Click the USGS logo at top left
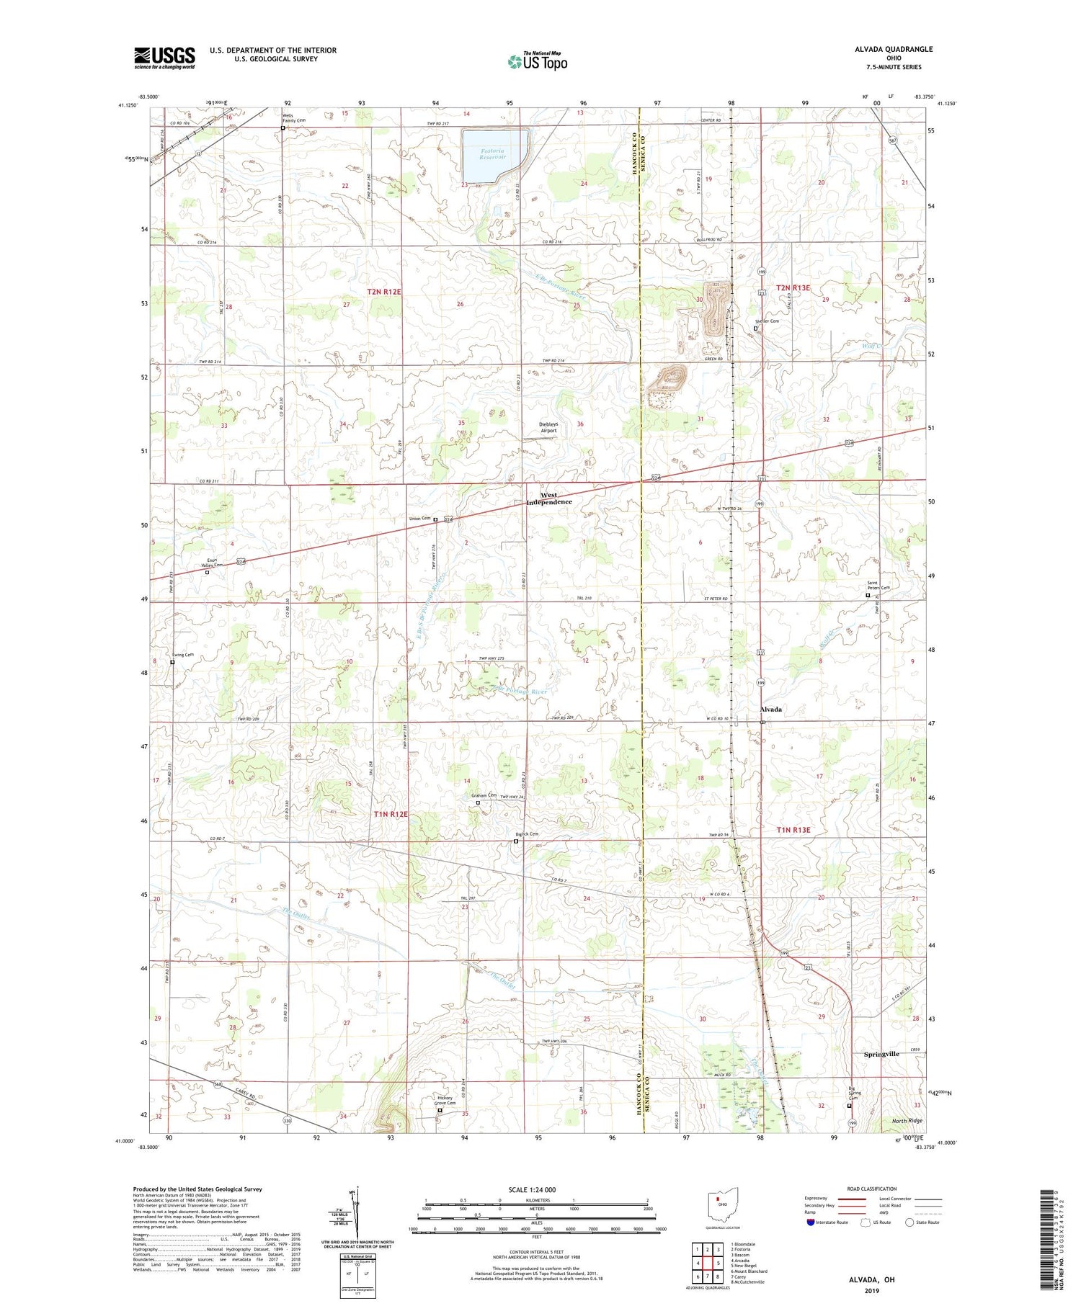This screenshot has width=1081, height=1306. [164, 58]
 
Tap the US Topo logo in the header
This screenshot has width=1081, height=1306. [537, 62]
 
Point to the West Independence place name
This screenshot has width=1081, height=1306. [549, 498]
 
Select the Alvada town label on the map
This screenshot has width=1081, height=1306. [770, 710]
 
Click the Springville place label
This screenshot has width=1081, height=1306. [881, 1054]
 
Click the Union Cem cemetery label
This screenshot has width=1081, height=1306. [419, 519]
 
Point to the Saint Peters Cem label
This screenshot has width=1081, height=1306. [878, 586]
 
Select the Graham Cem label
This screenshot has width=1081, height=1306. [484, 795]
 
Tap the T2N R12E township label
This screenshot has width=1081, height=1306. [383, 292]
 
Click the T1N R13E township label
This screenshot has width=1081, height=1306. [793, 830]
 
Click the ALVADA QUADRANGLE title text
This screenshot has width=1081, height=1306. [891, 49]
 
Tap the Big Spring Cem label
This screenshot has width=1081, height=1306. [855, 1094]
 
